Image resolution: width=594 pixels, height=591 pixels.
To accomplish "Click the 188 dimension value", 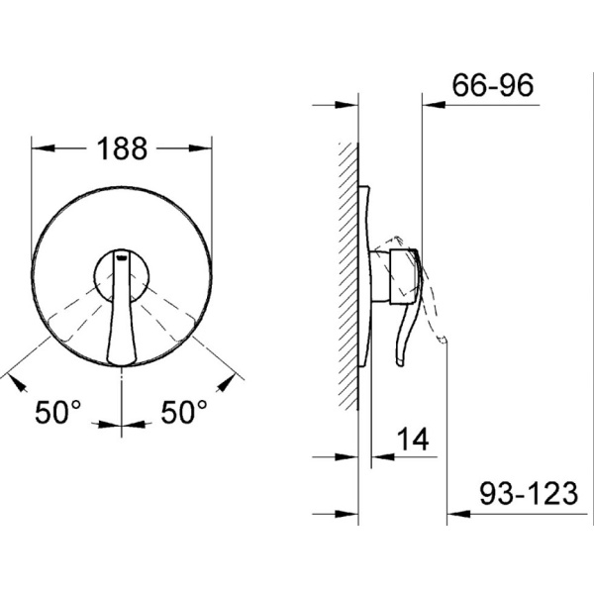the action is [122, 148].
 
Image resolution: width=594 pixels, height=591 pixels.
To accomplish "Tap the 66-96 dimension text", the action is [493, 85].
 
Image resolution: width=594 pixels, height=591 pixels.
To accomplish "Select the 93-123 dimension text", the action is [529, 494].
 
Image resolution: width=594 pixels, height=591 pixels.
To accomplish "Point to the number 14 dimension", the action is [413, 440].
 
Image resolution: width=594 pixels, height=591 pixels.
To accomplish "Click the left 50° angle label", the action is [57, 412].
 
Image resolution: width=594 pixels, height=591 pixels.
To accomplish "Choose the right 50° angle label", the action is [184, 412].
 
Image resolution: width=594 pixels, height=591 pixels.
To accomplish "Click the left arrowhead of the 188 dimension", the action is [43, 148].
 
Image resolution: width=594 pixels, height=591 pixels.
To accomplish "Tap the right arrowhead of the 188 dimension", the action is [201, 148].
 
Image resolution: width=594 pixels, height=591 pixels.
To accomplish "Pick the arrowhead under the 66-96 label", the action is [434, 105].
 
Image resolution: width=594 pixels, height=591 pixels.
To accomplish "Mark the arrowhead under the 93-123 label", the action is [458, 514].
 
